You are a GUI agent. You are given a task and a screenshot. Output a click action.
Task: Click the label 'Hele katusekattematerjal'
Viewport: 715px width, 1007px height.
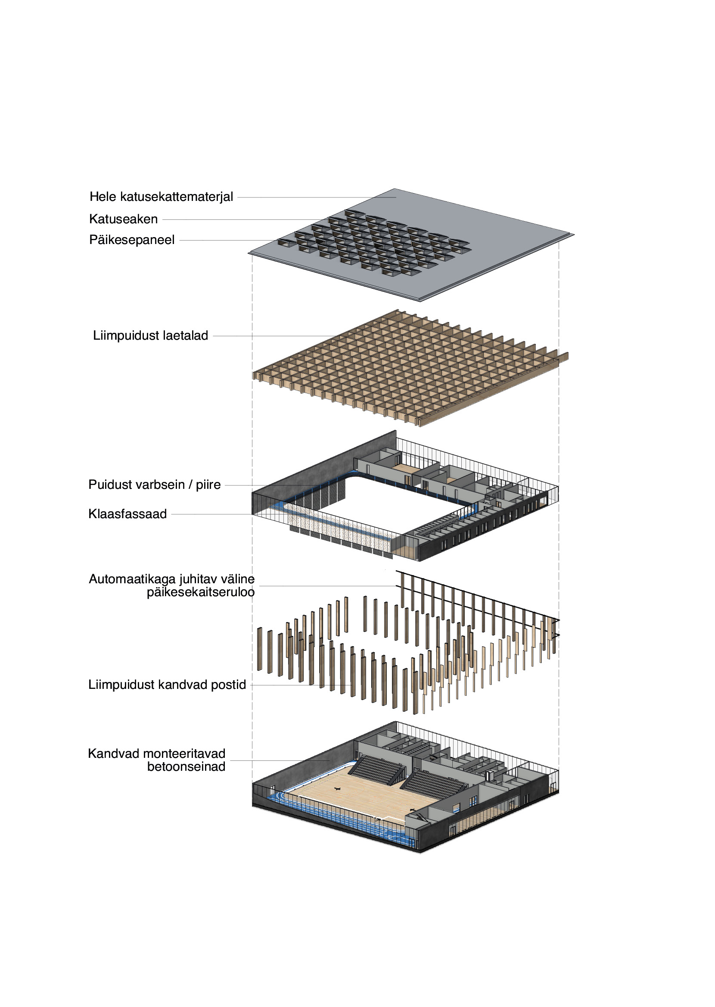(x=161, y=197)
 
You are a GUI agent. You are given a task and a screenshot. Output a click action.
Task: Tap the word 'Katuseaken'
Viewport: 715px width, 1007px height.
(x=123, y=219)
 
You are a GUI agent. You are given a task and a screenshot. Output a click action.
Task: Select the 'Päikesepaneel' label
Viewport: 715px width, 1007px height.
(x=132, y=240)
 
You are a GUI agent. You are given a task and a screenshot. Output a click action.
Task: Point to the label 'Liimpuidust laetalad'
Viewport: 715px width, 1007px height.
(x=150, y=335)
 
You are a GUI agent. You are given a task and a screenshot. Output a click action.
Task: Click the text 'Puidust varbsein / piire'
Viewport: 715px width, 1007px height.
(x=154, y=485)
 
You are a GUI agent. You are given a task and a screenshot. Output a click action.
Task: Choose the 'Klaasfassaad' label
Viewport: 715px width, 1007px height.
(x=127, y=514)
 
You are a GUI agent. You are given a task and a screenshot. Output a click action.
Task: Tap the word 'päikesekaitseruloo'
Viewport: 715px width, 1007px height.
(x=200, y=592)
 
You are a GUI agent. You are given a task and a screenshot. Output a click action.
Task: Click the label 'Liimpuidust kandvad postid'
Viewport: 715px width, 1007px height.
(x=167, y=685)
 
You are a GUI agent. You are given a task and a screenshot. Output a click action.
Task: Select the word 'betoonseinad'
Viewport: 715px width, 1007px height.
(x=186, y=766)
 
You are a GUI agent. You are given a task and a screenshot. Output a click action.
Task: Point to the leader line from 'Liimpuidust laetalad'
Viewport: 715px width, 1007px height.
(x=273, y=336)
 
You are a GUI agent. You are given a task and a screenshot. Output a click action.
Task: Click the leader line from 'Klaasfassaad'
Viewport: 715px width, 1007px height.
(x=211, y=514)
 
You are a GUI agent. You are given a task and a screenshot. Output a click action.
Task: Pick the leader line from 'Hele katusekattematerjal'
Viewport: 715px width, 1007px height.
(x=317, y=197)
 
